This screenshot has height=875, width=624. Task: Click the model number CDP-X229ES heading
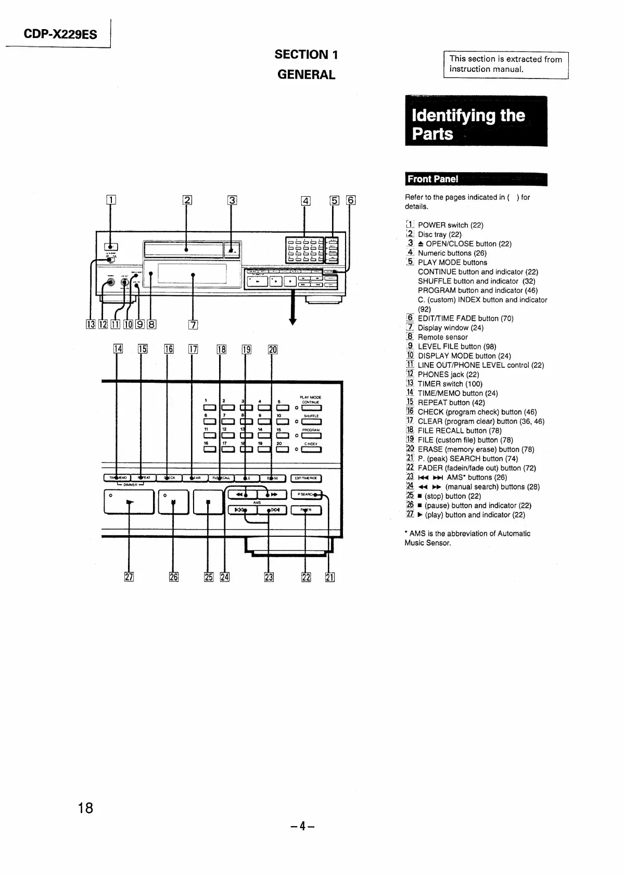tap(60, 34)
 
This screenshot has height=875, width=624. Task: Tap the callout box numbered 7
tap(193, 325)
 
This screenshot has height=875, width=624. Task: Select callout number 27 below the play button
tap(129, 576)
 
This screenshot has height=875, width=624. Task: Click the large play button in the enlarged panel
tap(129, 502)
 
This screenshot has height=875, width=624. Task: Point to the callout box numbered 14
tap(118, 349)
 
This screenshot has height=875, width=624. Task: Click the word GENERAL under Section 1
tap(306, 74)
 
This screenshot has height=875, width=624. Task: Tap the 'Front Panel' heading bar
tap(476, 179)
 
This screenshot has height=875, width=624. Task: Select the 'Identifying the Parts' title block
tap(476, 121)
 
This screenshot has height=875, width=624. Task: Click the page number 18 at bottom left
tap(85, 808)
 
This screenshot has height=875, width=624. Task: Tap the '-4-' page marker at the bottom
tap(303, 826)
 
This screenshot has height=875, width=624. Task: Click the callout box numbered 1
tap(110, 200)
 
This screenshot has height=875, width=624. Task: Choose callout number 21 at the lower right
tap(329, 576)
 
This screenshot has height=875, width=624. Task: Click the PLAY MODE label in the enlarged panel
tap(311, 397)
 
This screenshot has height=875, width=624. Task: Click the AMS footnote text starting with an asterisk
tap(467, 538)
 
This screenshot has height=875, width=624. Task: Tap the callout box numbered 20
tap(273, 349)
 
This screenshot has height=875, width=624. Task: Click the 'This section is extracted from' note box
tap(505, 65)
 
